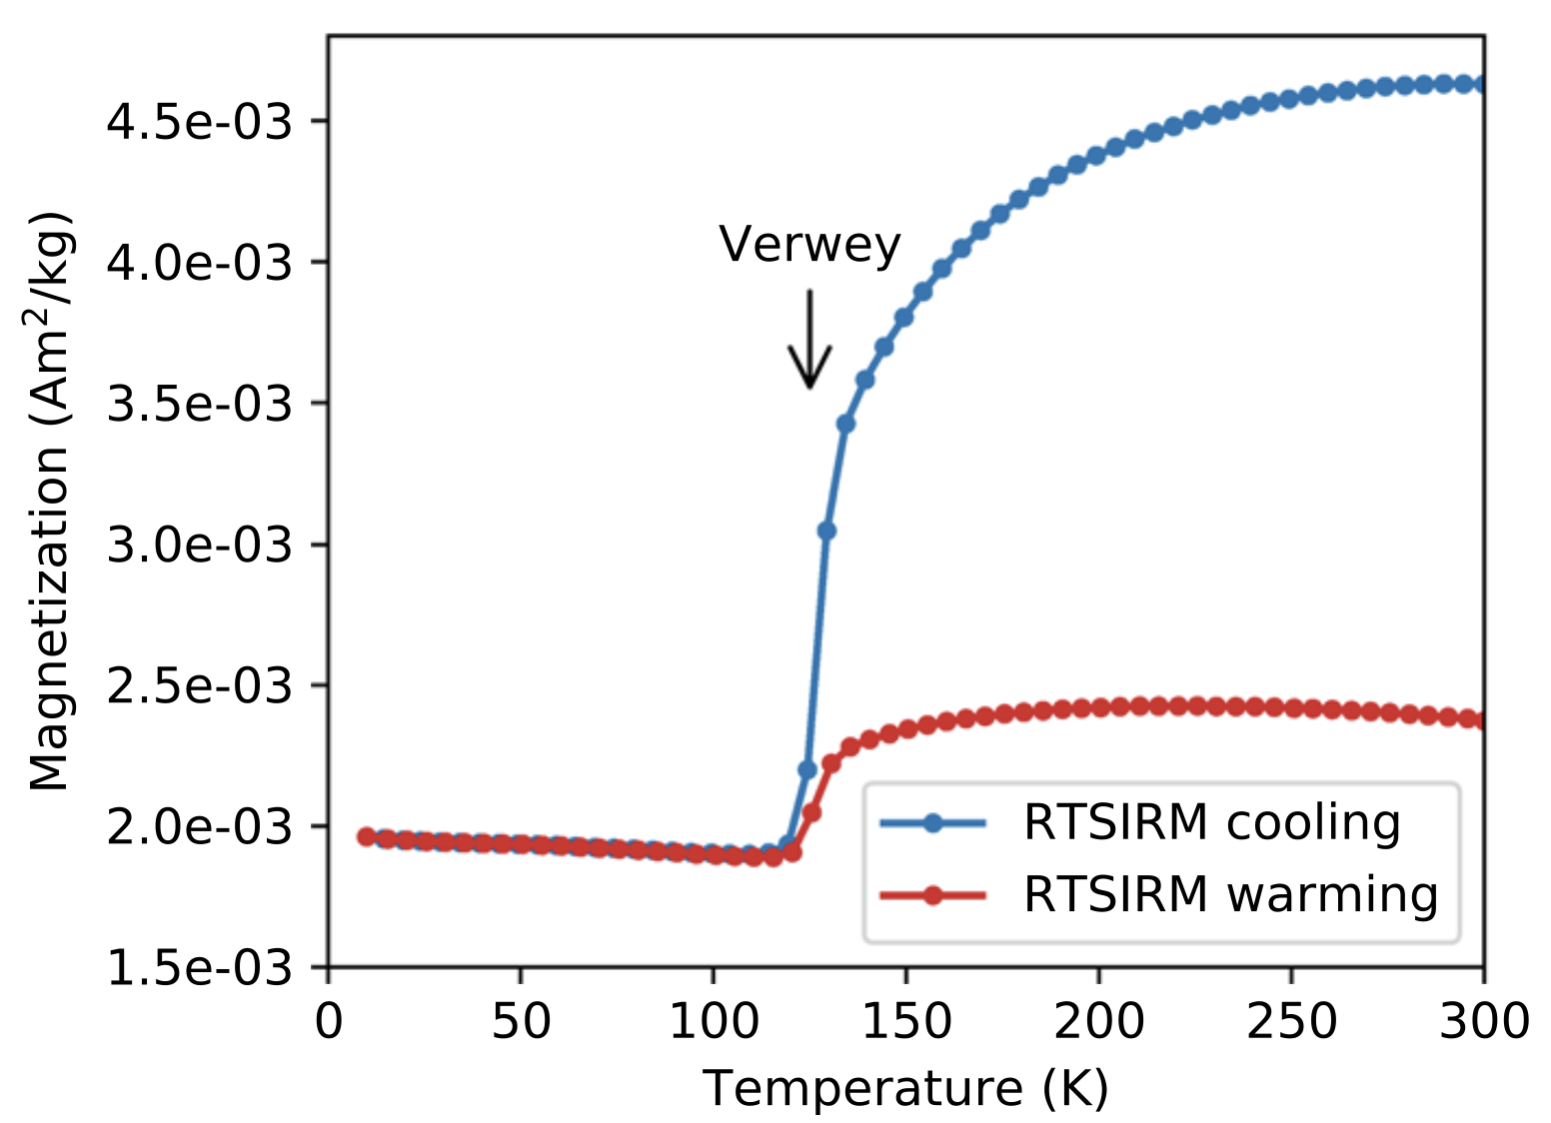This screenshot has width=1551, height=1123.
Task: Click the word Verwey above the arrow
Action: [x=809, y=245]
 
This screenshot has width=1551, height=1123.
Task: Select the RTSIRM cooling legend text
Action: [x=1211, y=823]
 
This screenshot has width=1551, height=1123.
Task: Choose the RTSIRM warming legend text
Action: [x=1230, y=894]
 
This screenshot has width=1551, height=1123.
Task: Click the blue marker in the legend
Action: [x=932, y=823]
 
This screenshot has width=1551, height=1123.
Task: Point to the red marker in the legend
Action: [x=932, y=895]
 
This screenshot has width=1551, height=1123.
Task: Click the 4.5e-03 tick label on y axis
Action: [x=199, y=122]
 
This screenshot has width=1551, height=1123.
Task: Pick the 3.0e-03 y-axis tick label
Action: [x=199, y=546]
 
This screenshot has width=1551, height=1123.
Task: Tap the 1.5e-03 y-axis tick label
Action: [x=199, y=968]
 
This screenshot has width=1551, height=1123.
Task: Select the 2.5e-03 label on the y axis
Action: [x=199, y=686]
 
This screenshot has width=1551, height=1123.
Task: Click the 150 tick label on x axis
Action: [x=905, y=1022]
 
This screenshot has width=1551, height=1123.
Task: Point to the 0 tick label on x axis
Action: [x=329, y=1022]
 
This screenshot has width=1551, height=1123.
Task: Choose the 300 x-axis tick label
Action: [x=1483, y=1022]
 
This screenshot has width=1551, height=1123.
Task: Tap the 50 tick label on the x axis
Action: [x=521, y=1022]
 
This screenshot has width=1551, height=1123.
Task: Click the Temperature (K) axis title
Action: [x=905, y=1088]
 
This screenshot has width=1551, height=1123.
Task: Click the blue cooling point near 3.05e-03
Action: [x=826, y=531]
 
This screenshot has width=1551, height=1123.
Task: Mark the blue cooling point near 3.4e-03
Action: [x=845, y=424]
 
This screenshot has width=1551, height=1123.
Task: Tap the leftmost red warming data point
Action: [x=367, y=837]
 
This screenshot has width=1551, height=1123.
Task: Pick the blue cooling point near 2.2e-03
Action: [x=807, y=769]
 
